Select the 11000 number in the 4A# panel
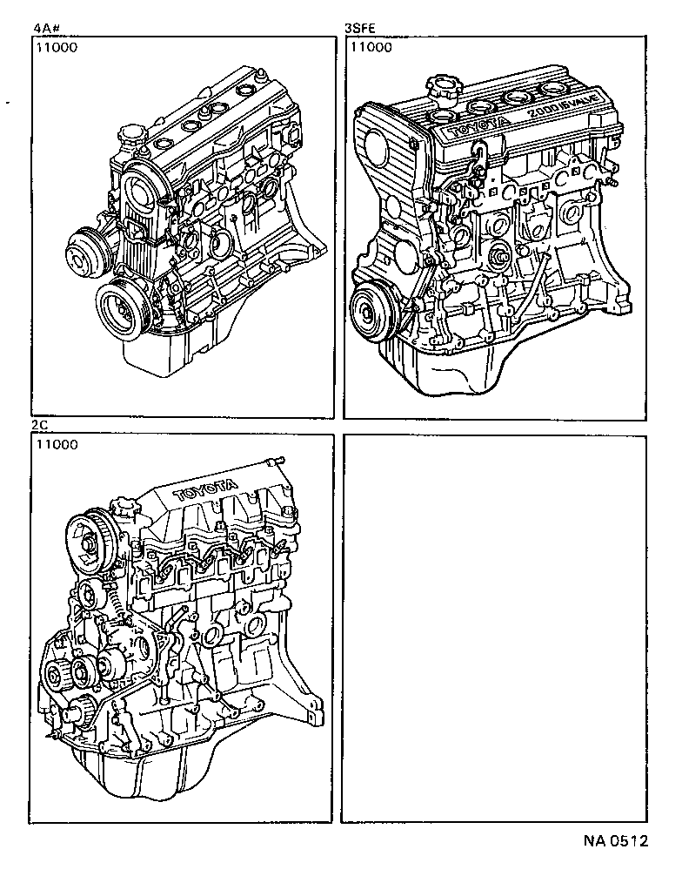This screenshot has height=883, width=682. point(57,48)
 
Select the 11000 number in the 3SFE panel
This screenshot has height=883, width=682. point(370,48)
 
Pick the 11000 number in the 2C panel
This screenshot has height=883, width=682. point(57,445)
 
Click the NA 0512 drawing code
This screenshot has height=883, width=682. point(615,843)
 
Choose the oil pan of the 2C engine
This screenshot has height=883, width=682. point(148,775)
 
